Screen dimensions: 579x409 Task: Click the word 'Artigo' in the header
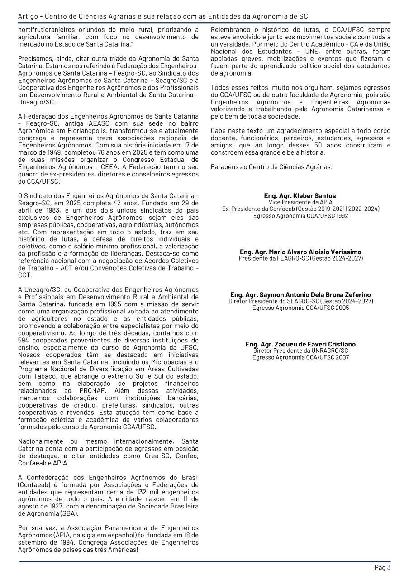pos(28,16)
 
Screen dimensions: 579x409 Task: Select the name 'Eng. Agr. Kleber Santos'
pos(300,196)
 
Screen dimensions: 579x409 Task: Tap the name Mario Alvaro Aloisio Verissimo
pos(300,252)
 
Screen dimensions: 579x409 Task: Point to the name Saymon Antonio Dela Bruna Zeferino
pos(300,295)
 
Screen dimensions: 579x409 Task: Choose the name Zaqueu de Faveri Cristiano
pos(300,344)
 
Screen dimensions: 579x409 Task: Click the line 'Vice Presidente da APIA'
pos(300,202)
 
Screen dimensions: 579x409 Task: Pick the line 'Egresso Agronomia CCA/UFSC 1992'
pos(300,216)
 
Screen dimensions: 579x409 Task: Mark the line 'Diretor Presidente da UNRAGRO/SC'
pos(300,351)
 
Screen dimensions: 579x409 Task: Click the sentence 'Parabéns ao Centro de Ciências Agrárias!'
pos(271,167)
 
